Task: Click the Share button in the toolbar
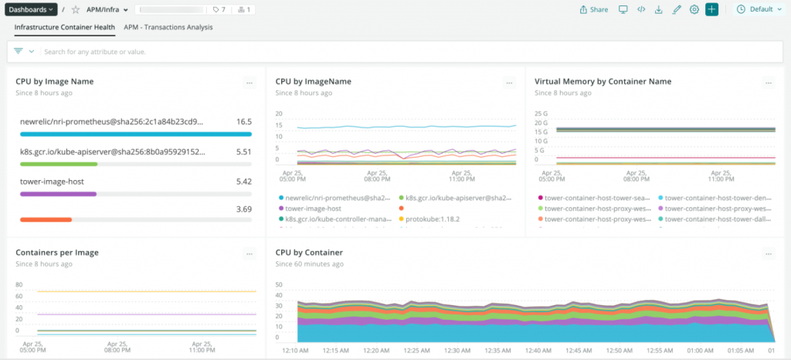coord(593,9)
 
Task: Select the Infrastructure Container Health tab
coord(65,27)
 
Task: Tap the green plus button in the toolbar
coord(711,9)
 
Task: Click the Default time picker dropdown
coord(760,9)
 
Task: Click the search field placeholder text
coord(95,52)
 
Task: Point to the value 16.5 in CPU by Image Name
coord(244,121)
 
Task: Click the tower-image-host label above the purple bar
coord(52,182)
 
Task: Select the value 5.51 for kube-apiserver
coord(244,151)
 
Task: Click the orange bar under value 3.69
coord(46,220)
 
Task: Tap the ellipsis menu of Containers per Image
coord(249,253)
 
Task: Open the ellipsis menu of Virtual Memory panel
coord(767,82)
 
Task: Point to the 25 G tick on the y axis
coord(541,114)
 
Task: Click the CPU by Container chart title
coord(309,253)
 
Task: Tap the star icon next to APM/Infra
coord(76,9)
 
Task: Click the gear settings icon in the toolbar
coord(694,9)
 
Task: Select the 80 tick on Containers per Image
coord(19,284)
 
